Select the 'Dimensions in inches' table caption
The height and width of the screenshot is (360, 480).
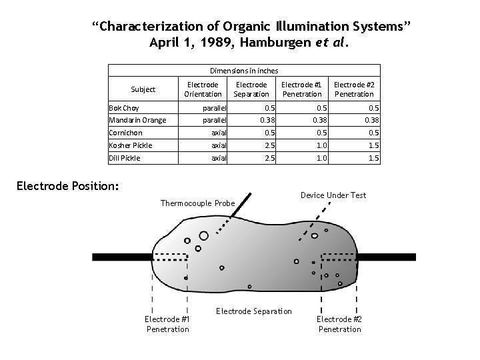click(x=244, y=70)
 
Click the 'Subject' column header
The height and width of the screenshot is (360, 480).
click(x=143, y=89)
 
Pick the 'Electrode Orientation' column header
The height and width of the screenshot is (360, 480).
click(x=203, y=89)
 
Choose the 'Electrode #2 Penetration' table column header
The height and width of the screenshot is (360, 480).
click(x=353, y=89)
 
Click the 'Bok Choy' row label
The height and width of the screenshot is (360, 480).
click(x=124, y=108)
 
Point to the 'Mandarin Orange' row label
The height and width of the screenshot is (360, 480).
click(x=137, y=121)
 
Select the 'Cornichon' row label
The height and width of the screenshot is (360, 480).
click(x=125, y=133)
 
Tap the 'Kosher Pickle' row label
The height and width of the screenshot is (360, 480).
click(x=131, y=145)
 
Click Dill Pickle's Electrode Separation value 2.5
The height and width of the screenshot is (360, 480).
click(x=269, y=158)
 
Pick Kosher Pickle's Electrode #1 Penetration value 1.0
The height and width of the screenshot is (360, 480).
click(x=321, y=145)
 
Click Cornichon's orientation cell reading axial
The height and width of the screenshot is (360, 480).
click(x=219, y=133)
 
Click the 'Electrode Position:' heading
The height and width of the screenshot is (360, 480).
click(x=67, y=185)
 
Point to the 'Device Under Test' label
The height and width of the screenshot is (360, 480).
click(x=333, y=195)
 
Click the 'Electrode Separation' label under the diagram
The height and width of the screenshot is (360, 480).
click(x=254, y=311)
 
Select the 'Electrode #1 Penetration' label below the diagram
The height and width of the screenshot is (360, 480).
click(x=167, y=324)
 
